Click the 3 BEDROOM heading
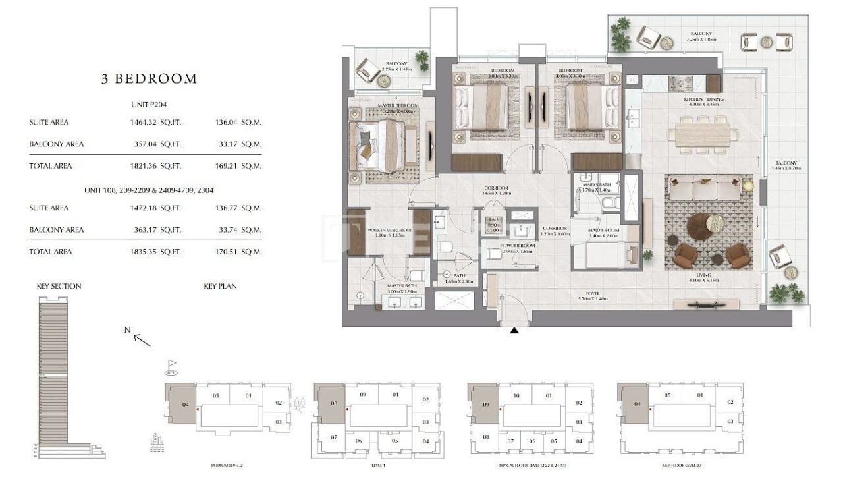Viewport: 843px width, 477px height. [149, 79]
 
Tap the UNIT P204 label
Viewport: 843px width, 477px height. [148, 104]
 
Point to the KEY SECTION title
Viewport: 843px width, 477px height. [59, 286]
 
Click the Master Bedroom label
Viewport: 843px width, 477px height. [398, 106]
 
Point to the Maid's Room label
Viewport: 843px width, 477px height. [603, 231]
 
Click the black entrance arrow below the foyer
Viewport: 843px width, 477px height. [514, 329]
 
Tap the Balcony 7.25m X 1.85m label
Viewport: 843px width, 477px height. [701, 36]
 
